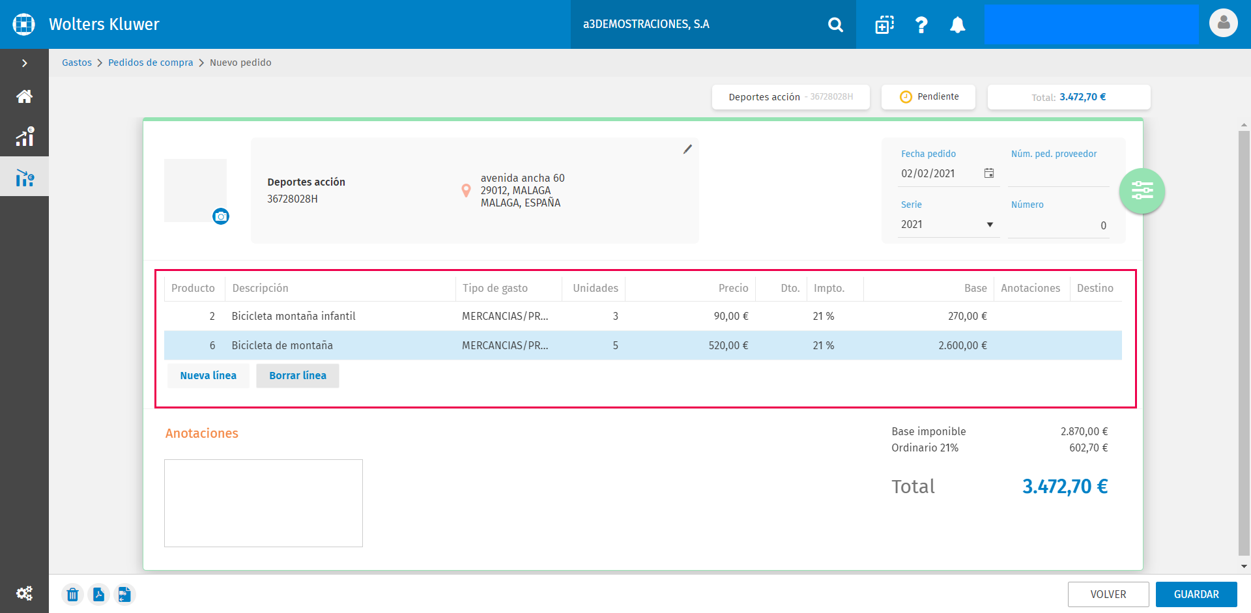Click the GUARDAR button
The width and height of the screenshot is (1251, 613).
1196,594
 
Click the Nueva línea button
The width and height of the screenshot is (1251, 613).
208,376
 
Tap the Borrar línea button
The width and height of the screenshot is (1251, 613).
298,376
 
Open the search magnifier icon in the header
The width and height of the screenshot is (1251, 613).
835,25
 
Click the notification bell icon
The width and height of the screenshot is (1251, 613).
957,25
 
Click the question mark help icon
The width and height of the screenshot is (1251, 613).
921,25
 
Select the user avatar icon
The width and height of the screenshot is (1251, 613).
1224,23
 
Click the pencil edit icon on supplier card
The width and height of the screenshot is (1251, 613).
687,149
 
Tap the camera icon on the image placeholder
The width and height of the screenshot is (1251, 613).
221,216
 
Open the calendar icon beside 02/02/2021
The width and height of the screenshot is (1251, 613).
989,173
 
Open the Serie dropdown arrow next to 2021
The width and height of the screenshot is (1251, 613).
990,225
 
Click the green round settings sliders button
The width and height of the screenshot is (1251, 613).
1142,191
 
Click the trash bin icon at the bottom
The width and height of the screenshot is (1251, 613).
73,594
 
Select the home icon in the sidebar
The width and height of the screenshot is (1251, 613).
24,96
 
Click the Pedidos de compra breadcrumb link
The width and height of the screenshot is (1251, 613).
151,63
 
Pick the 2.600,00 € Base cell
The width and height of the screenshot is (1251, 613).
962,345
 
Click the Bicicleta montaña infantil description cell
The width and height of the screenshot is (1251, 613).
294,316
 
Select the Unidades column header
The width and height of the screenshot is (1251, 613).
596,288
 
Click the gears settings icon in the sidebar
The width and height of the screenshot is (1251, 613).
24,593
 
